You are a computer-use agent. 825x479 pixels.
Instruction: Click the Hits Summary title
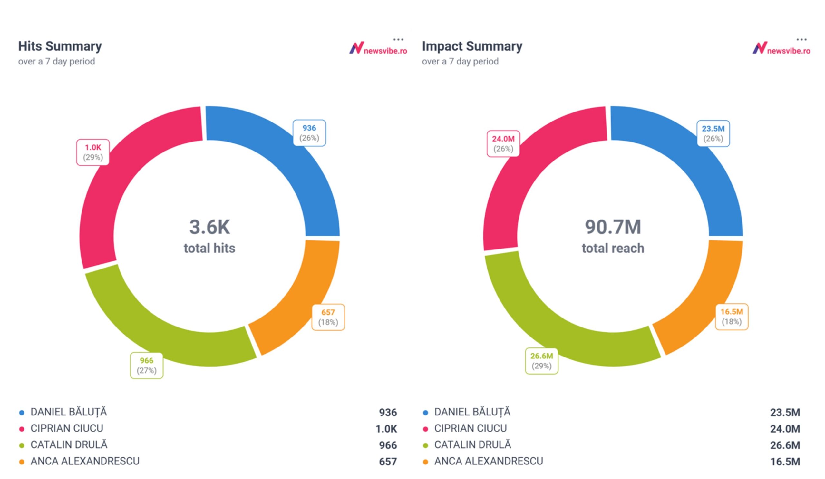(x=60, y=46)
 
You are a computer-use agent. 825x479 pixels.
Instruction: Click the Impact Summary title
(x=472, y=46)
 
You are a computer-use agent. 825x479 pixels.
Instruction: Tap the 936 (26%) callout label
(x=309, y=133)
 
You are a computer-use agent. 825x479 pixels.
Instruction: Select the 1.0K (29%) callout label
(x=93, y=152)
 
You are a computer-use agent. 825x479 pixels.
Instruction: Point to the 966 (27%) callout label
(x=146, y=366)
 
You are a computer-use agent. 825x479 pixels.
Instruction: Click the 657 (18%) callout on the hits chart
(x=328, y=317)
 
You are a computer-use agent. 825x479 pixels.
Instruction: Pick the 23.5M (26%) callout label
(x=713, y=133)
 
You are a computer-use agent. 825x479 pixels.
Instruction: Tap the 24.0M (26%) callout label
(x=503, y=144)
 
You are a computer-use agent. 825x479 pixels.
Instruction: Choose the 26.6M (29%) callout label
(x=541, y=361)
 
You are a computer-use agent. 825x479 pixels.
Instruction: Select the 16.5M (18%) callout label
(x=731, y=317)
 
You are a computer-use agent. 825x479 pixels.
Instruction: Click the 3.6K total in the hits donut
(x=209, y=227)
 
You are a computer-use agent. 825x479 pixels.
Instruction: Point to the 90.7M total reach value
(x=613, y=227)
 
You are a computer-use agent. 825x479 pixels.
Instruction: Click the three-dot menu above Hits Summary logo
(x=398, y=40)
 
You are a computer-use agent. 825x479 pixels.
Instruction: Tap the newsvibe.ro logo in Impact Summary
(x=781, y=48)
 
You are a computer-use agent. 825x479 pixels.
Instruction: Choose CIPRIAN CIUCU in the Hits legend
(x=67, y=428)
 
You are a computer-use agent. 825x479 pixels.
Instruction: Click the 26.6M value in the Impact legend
(x=785, y=445)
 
